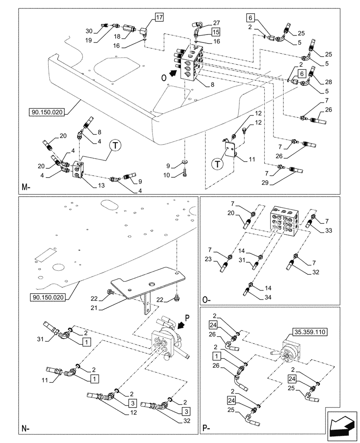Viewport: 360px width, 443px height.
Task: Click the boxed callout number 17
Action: [159, 18]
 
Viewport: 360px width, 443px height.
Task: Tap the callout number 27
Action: [216, 23]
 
